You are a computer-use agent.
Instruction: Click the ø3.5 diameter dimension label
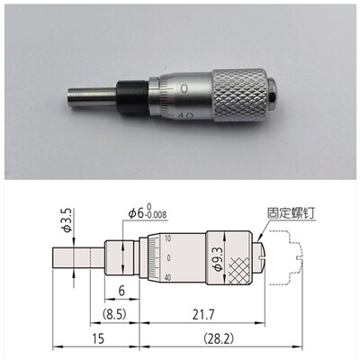[x=67, y=220]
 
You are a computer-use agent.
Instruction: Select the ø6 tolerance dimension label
[x=148, y=212]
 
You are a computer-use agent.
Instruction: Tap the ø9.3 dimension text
[x=219, y=258]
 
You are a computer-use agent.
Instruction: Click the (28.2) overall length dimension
[x=218, y=338]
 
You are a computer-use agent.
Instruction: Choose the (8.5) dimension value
[x=114, y=315]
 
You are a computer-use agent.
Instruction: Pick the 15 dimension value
[x=98, y=338]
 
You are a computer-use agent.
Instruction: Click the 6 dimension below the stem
[x=121, y=291]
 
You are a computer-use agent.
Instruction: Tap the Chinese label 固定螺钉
[x=291, y=213]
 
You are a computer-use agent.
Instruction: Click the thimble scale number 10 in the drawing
[x=167, y=238]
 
